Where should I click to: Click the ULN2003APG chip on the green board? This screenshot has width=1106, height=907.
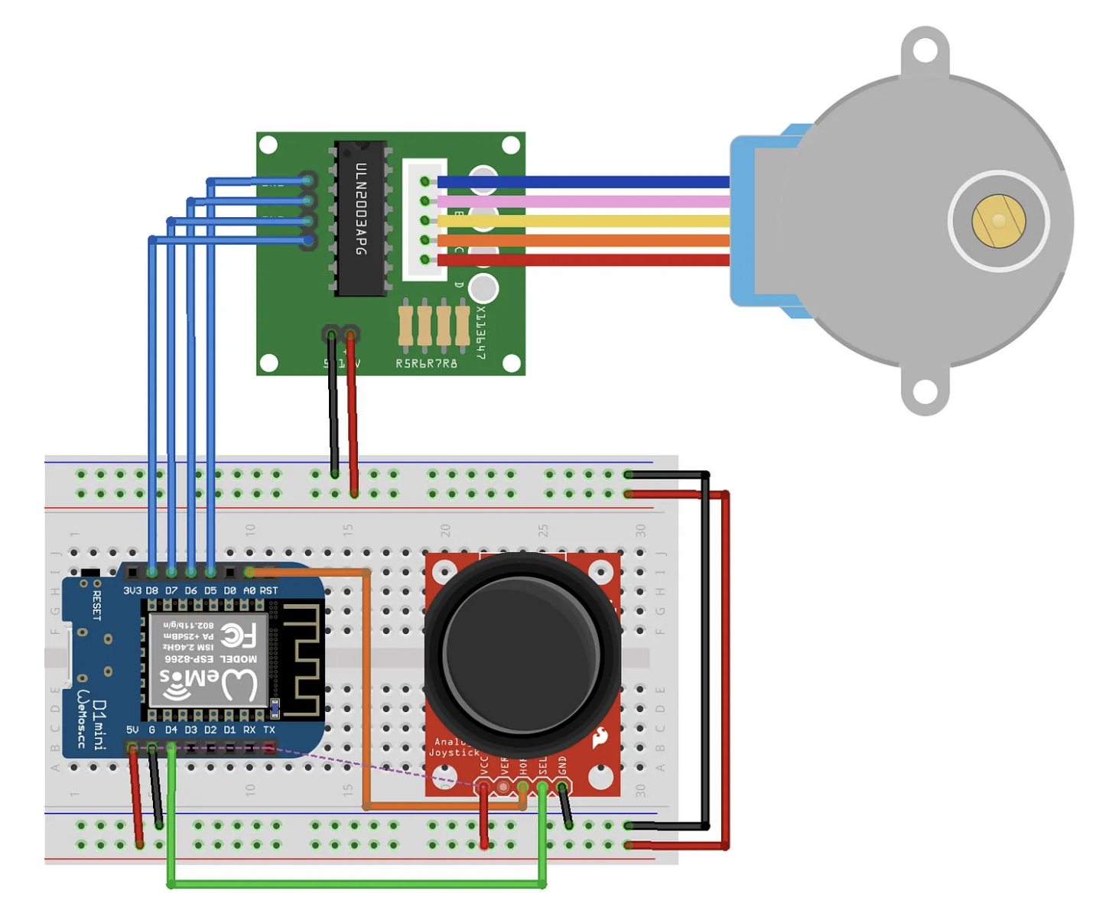tap(360, 218)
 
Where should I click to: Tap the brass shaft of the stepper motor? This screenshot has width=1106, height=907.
tap(998, 221)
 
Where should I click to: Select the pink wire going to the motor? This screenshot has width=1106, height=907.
tap(581, 202)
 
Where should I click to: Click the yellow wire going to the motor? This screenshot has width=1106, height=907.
tap(581, 221)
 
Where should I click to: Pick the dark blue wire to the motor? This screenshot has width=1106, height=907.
tap(581, 182)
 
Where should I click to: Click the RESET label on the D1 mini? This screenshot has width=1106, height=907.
tap(96, 605)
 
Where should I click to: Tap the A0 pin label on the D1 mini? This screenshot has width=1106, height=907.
tap(249, 591)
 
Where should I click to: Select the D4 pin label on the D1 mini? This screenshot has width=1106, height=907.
tap(171, 730)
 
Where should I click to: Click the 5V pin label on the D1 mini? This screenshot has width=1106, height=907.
tap(132, 730)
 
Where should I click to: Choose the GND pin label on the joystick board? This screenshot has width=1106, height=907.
tap(563, 765)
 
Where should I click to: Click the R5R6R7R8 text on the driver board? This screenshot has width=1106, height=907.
tap(426, 364)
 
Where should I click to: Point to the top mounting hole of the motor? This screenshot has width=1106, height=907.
tap(925, 51)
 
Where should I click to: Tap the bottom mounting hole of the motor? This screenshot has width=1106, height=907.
tap(925, 392)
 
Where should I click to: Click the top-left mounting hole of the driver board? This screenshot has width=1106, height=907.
tap(268, 145)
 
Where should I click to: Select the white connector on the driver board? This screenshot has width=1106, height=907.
tap(425, 220)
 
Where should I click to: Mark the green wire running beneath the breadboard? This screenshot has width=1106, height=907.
tap(356, 885)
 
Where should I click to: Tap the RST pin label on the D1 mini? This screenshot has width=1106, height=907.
tap(269, 591)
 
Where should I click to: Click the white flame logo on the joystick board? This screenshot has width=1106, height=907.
tap(600, 737)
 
